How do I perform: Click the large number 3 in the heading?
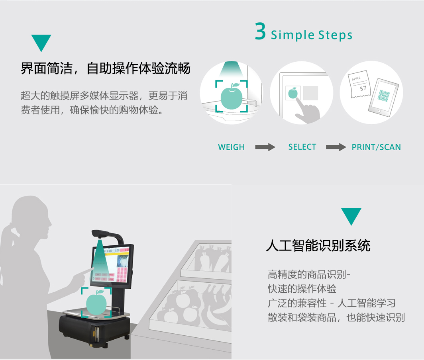tap(260, 32)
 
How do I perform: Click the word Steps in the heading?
tap(335, 35)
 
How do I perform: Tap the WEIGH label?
tap(232, 147)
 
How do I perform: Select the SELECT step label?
tap(302, 147)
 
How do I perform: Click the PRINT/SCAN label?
tap(376, 147)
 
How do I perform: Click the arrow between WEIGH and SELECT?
tap(265, 147)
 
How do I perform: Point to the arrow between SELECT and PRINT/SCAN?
tap(336, 147)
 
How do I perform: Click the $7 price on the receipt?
tap(363, 88)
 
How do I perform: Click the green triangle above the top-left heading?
tap(41, 43)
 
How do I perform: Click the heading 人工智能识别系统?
tap(318, 245)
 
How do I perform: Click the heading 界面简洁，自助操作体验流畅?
tap(106, 68)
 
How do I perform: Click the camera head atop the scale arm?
tap(100, 233)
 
